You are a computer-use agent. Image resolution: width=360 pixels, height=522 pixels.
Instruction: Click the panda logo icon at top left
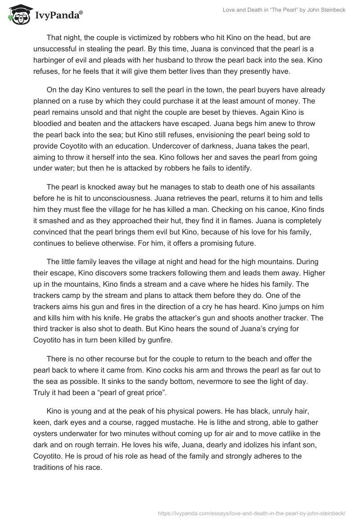point(17,15)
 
